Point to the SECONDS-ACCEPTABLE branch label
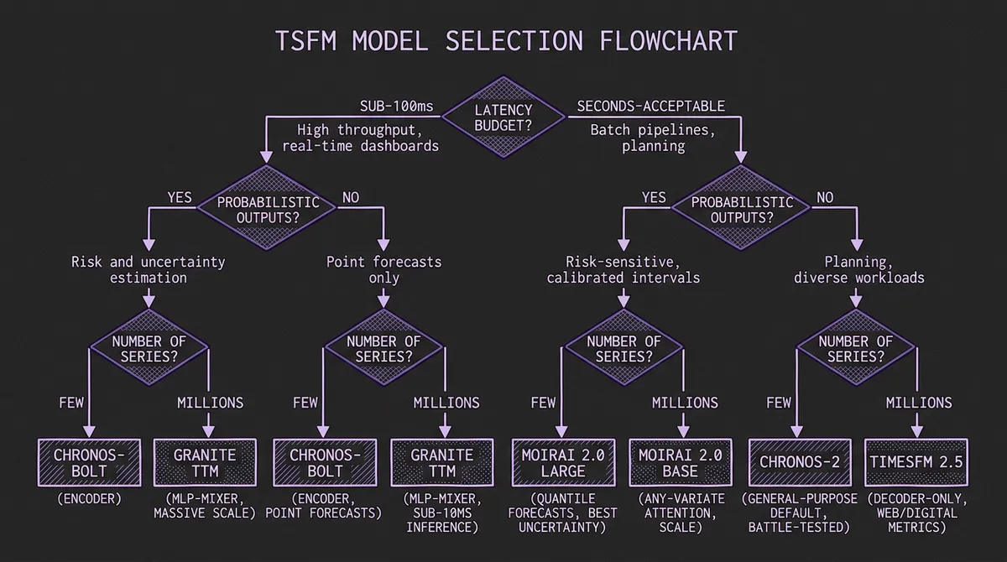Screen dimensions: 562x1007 point(650,107)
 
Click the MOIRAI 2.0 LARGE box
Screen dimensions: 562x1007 point(563,462)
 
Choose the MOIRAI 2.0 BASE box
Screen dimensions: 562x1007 point(681,462)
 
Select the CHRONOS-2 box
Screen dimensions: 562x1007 point(799,462)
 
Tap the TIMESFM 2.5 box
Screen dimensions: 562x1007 point(916,462)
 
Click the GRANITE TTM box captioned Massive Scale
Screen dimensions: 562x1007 point(205,462)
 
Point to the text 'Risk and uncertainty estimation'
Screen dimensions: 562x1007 point(148,269)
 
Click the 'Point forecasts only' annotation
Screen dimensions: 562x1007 point(383,269)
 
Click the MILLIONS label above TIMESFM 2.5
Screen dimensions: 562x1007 point(919,403)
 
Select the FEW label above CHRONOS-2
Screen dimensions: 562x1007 point(779,403)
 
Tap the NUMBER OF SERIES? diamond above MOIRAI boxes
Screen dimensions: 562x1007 point(623,348)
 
